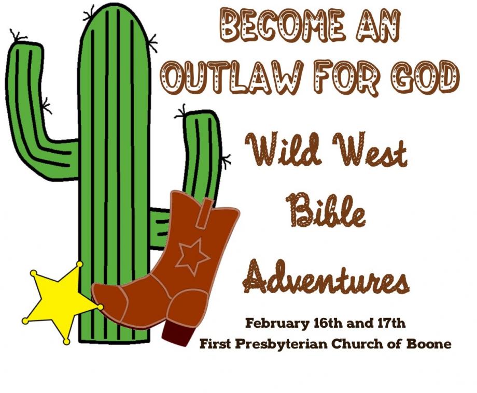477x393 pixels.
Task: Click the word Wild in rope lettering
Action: point(285,149)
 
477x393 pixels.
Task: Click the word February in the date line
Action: point(277,324)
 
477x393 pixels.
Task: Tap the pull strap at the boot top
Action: point(204,213)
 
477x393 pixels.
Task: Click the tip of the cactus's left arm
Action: point(24,44)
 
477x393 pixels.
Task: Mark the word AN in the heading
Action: point(378,26)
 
